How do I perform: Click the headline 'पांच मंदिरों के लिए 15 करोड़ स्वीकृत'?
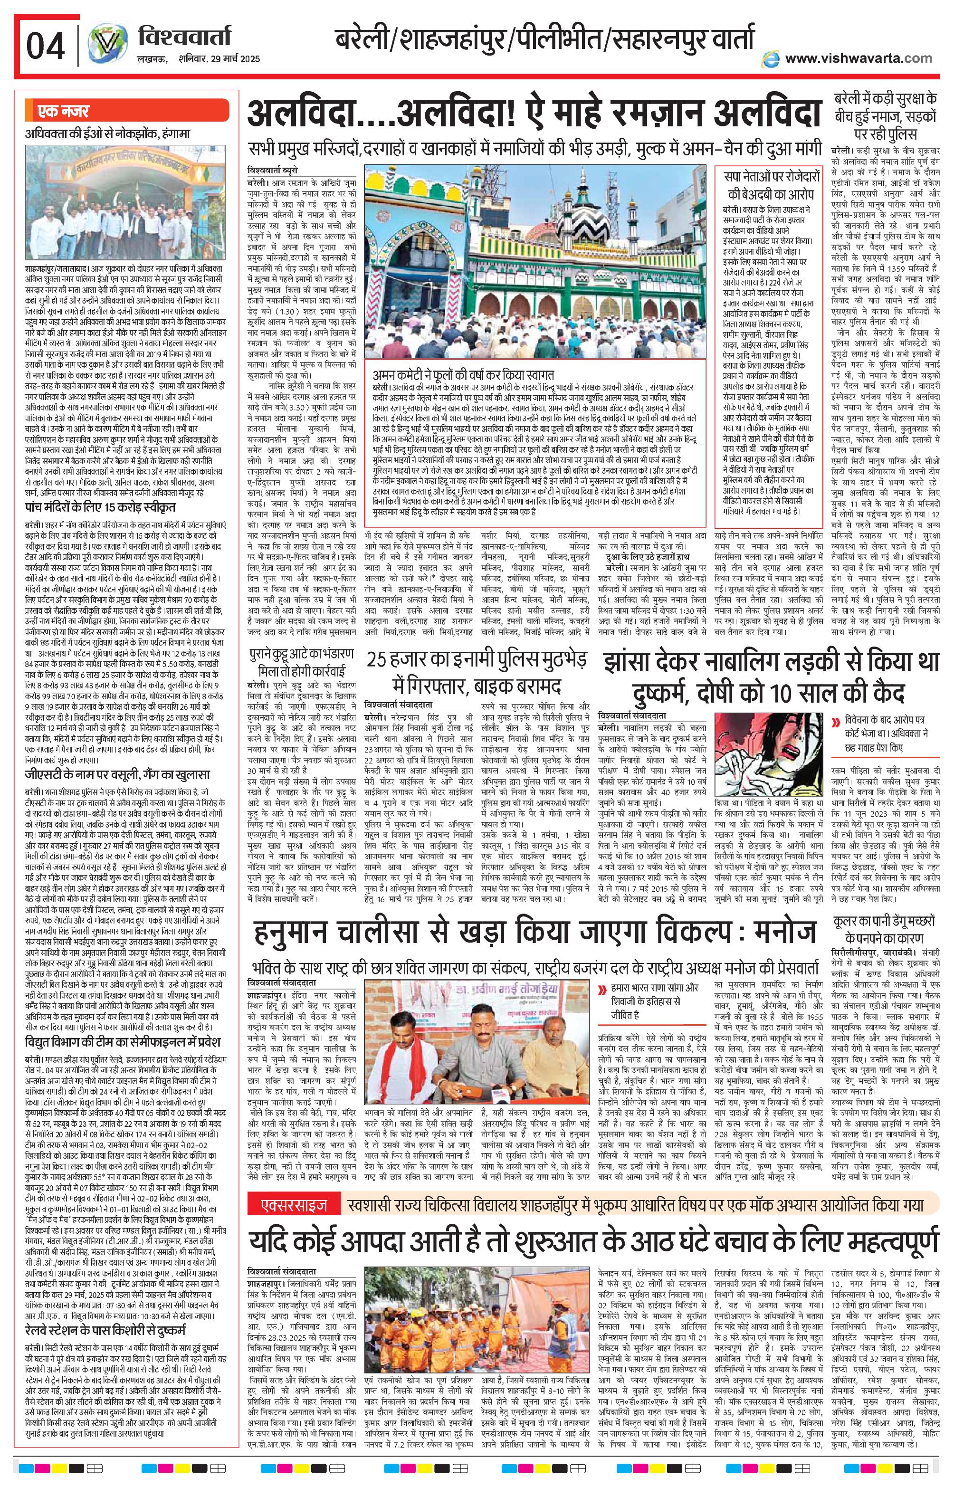click(x=100, y=507)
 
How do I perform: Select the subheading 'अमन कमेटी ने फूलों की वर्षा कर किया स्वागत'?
click(x=463, y=375)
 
